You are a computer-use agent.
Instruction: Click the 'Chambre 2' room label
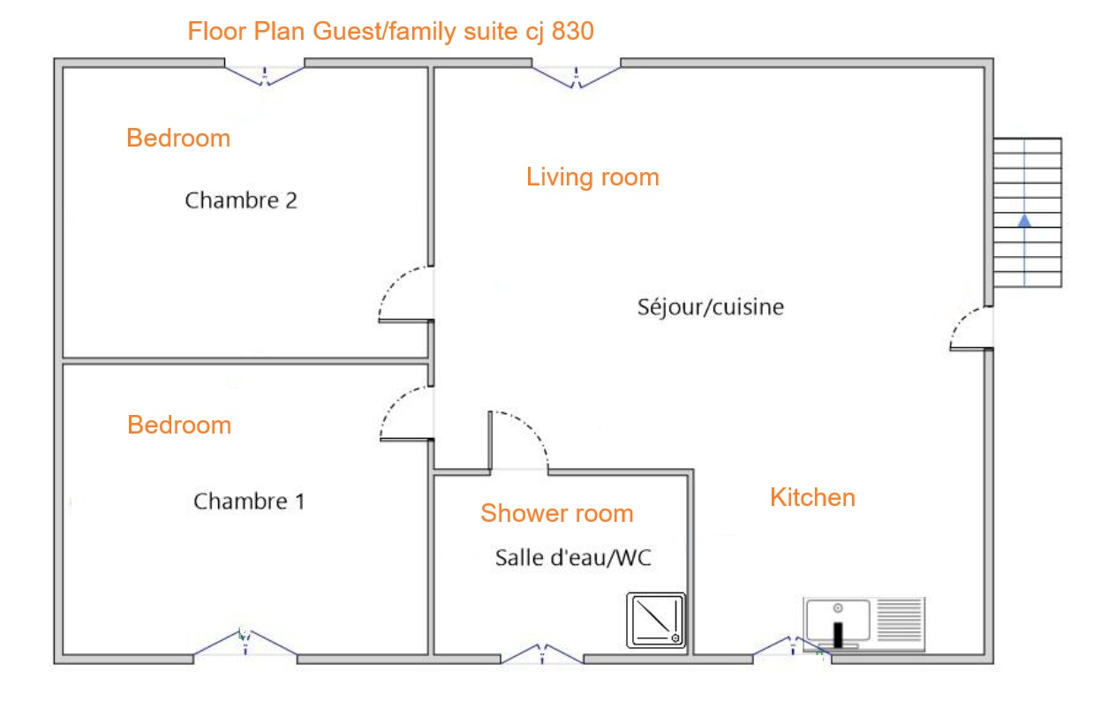click(x=241, y=200)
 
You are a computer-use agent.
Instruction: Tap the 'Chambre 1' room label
click(x=249, y=502)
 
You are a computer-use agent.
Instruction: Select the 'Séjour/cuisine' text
click(x=711, y=307)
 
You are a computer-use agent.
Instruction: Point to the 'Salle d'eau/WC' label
click(x=573, y=557)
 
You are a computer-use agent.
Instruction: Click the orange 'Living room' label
click(x=592, y=177)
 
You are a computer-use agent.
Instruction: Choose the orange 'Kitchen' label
click(x=813, y=497)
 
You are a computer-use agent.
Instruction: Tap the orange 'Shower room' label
click(x=557, y=513)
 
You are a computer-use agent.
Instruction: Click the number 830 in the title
click(x=573, y=31)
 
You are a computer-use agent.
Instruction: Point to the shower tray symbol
click(x=656, y=620)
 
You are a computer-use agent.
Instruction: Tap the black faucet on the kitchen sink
click(x=838, y=634)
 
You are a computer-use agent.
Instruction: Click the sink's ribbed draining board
click(x=899, y=620)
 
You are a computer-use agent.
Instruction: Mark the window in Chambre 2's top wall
click(x=265, y=75)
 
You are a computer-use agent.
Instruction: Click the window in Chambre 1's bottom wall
click(x=245, y=643)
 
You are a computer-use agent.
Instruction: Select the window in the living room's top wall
click(x=576, y=76)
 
